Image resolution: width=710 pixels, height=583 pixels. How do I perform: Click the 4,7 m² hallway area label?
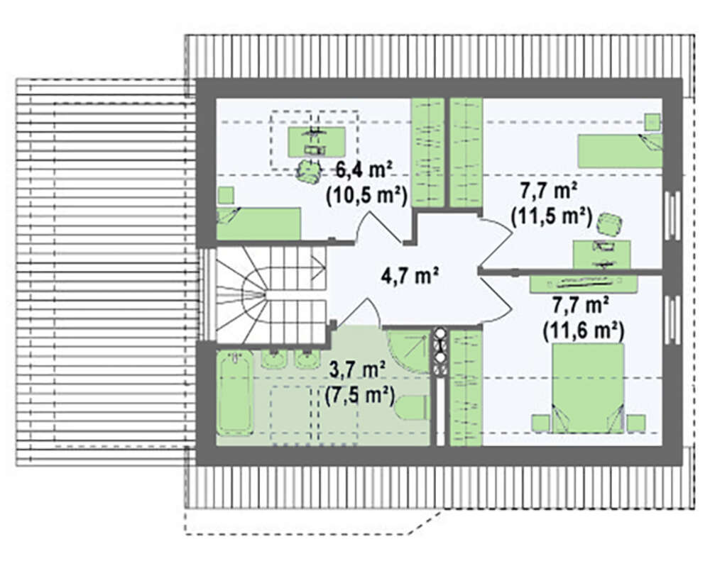coord(410,275)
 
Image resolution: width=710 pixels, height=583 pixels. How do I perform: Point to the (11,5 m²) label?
coord(551,216)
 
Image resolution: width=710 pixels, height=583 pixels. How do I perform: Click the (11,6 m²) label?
coord(583,331)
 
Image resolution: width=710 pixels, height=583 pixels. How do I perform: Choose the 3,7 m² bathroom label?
coord(357,370)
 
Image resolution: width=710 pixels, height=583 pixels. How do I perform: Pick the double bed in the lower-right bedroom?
coord(588,388)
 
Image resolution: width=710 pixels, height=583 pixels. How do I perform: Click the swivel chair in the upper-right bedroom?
coord(609,224)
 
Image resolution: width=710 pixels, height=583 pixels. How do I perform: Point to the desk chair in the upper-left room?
coord(308,170)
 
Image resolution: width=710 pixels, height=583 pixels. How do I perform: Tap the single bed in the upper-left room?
coord(258,223)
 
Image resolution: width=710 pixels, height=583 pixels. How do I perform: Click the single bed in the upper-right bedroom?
coord(620,150)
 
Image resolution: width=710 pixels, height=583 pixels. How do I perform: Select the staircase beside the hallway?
coord(271,294)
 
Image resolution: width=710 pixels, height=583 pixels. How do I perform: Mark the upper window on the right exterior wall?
coord(672,216)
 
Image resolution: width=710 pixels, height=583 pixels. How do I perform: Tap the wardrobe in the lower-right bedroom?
coord(466,388)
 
